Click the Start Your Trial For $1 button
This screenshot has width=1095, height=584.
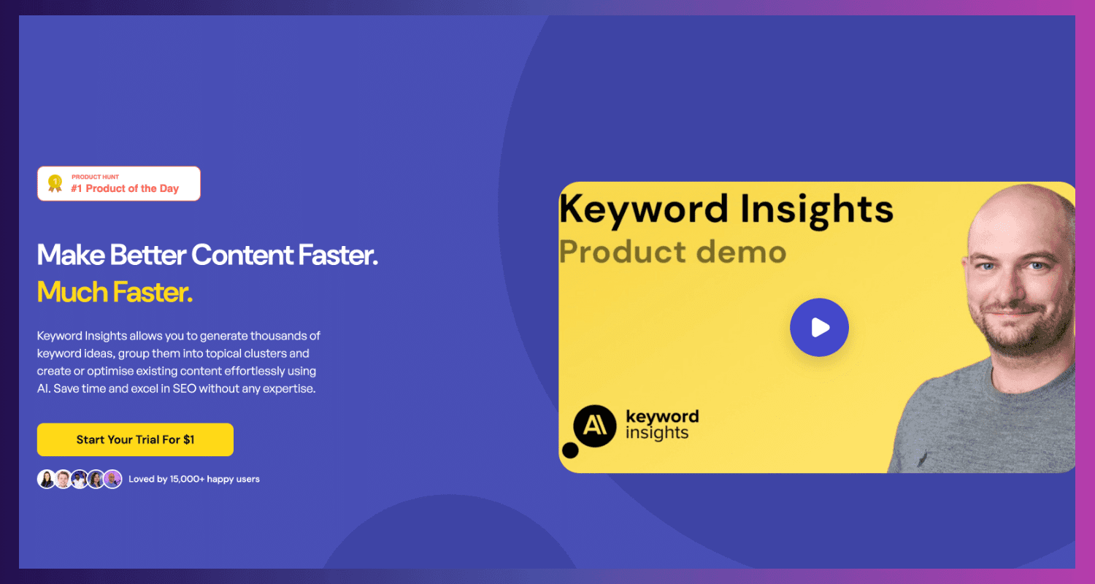(135, 439)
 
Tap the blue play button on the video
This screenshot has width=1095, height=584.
(819, 327)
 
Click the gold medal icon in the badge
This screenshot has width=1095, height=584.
(55, 183)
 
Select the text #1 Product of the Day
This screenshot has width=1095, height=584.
(125, 188)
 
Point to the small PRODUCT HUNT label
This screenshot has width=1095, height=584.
(96, 177)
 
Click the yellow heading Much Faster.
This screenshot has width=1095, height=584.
(115, 292)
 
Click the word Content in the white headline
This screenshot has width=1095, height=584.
(242, 255)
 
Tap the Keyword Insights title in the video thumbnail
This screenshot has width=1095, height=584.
(726, 210)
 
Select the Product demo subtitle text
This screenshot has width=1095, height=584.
(672, 252)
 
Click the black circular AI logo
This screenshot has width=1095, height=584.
(594, 426)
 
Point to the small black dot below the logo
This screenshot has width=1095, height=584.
(570, 450)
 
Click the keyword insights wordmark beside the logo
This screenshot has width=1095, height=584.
(662, 425)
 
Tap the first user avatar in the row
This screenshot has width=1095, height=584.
(47, 480)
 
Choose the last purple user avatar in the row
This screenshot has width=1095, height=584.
(113, 480)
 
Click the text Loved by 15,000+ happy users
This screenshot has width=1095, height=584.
(194, 479)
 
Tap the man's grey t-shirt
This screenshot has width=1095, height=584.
(983, 420)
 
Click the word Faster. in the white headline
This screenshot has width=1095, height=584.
(338, 255)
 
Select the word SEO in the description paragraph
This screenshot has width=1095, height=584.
(184, 388)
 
